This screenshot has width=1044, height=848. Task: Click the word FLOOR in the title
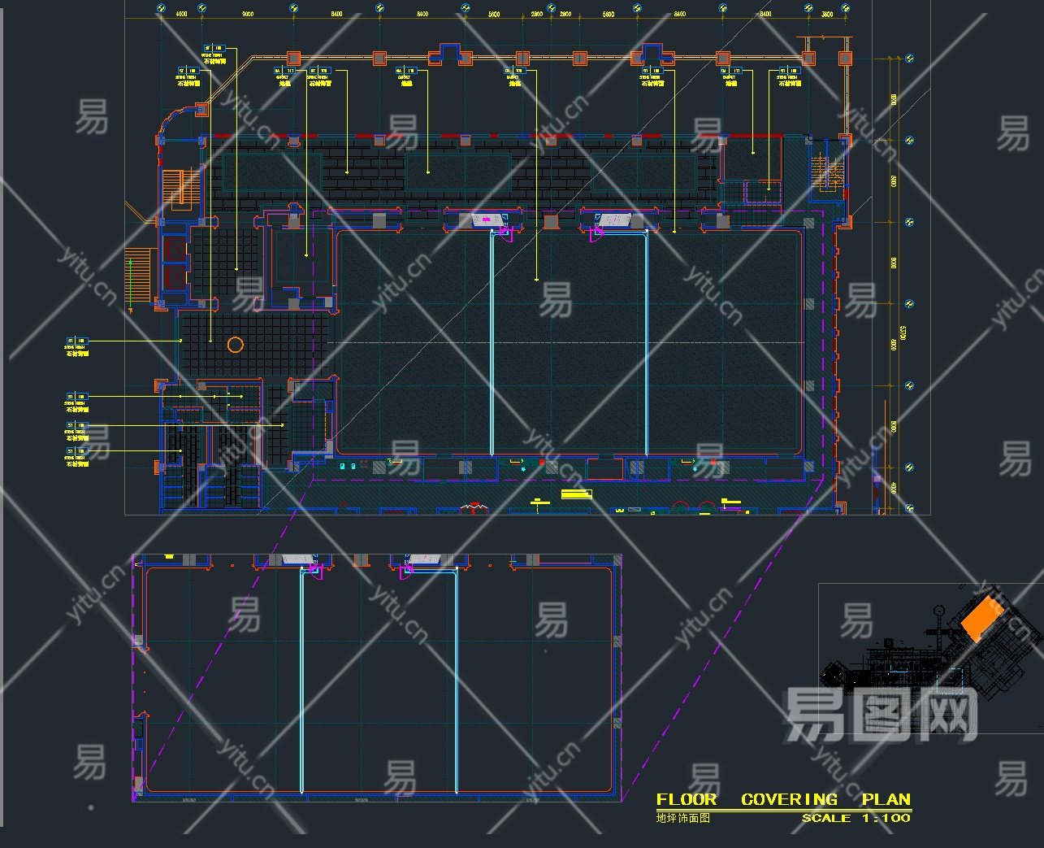[686, 800]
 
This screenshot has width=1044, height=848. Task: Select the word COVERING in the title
[789, 800]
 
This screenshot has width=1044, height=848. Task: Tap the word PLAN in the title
[886, 800]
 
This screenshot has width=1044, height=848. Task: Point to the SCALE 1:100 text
[856, 818]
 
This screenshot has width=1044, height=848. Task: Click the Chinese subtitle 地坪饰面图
[683, 818]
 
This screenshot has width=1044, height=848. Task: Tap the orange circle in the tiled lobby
[236, 345]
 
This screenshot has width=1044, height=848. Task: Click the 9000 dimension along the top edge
[248, 14]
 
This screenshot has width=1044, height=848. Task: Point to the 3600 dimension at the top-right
[827, 14]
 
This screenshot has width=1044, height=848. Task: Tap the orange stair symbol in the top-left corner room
[177, 187]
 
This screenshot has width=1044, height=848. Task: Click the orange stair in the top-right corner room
[828, 172]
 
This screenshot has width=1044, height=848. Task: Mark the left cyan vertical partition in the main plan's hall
[492, 341]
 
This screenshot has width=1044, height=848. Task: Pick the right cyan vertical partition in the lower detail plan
[456, 679]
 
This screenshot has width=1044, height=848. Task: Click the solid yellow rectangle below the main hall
[575, 494]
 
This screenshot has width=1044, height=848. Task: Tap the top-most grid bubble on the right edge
[910, 59]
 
